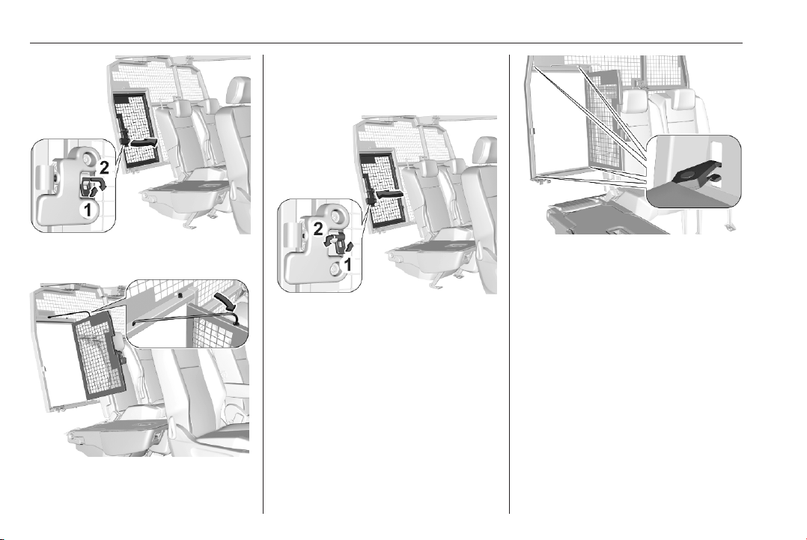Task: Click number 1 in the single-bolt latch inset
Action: [x=88, y=210]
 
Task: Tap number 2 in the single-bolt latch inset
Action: [x=104, y=167]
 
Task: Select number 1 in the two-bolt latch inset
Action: [x=347, y=264]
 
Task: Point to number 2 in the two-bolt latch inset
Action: [x=318, y=229]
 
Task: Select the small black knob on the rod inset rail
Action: [x=180, y=296]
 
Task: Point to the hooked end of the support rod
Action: [x=235, y=318]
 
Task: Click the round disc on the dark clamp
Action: [x=687, y=177]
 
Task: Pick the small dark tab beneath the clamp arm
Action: [x=713, y=178]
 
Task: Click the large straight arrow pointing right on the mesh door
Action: [x=142, y=142]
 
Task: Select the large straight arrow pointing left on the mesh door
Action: [x=391, y=195]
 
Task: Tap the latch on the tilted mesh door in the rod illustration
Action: [x=123, y=355]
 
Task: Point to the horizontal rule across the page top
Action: [x=386, y=43]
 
